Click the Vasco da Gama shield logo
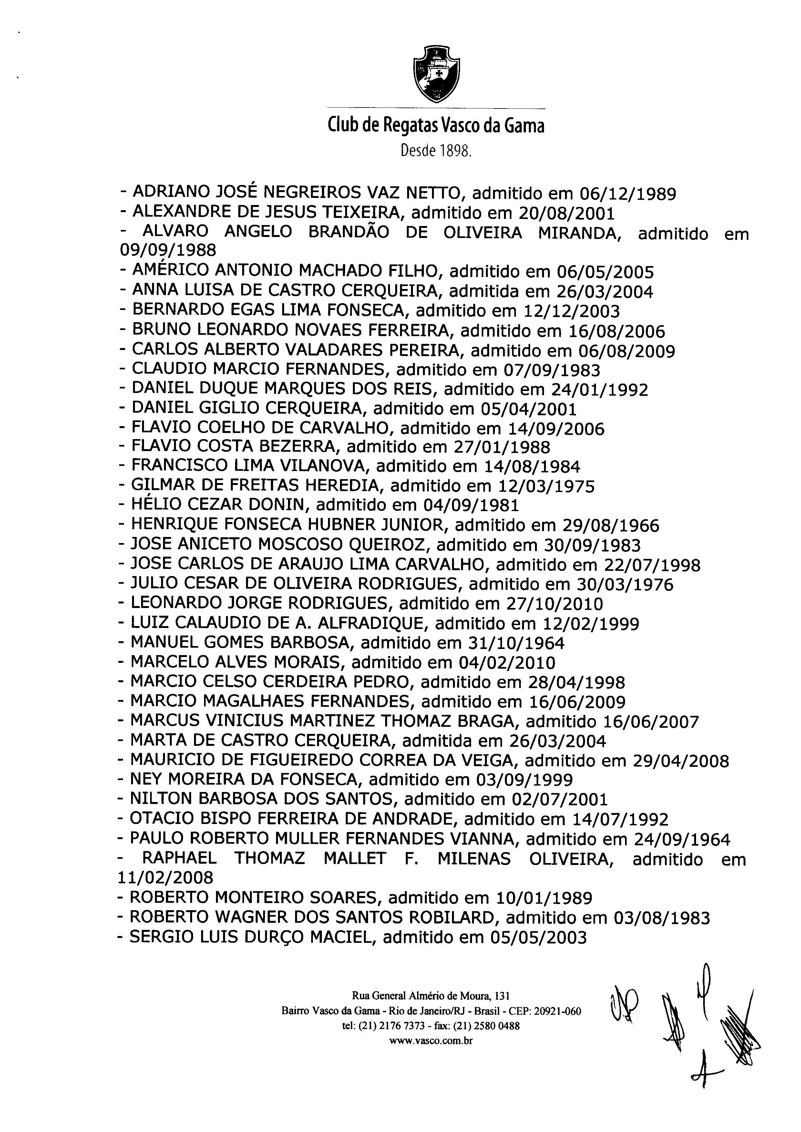[x=436, y=74]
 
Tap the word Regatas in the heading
[x=408, y=126]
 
